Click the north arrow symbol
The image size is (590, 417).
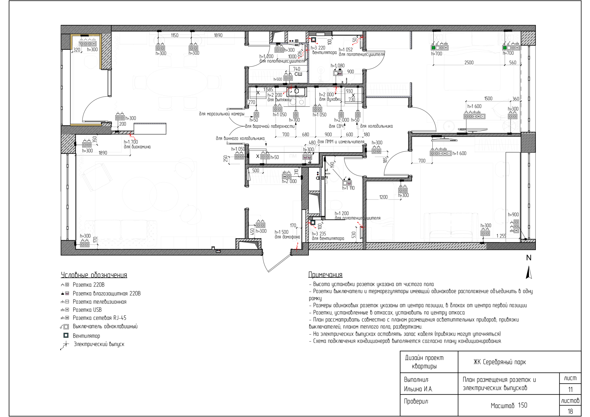tap(529, 273)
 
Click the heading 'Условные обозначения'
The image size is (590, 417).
tap(94, 275)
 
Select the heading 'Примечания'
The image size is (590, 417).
tap(325, 275)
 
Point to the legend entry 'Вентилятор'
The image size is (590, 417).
tap(86, 336)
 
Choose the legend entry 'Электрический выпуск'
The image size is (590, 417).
tap(99, 344)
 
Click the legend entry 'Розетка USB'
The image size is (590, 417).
tap(87, 310)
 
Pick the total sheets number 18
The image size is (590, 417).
tap(570, 411)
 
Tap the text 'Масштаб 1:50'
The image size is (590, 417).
tap(509, 405)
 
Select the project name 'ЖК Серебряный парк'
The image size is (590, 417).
tap(500, 362)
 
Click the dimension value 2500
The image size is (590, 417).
tap(469, 62)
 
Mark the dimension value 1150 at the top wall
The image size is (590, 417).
tap(174, 35)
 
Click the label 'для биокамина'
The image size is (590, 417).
tap(137, 147)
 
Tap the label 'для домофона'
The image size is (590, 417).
tap(287, 237)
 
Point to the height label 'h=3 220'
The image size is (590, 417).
tap(318, 48)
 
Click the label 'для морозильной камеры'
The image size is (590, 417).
tap(221, 114)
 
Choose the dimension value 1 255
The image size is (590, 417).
tap(501, 236)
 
